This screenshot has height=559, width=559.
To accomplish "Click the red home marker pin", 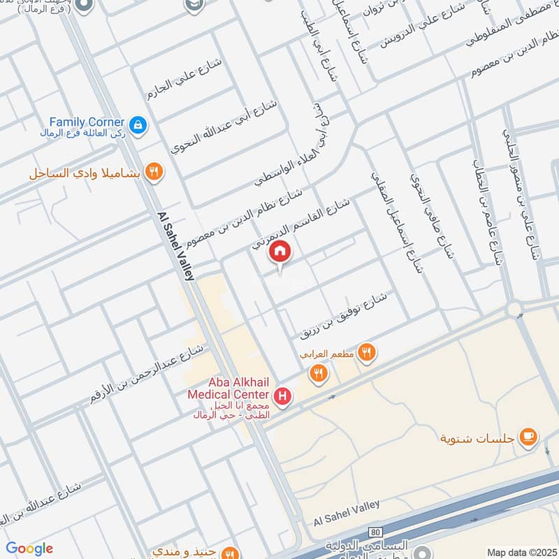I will (280, 252).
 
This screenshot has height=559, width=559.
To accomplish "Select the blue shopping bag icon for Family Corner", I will (138, 124).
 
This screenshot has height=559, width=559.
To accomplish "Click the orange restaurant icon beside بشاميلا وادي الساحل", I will (155, 172).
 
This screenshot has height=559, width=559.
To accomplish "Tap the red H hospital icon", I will (282, 398).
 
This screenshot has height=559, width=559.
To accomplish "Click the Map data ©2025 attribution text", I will (521, 553).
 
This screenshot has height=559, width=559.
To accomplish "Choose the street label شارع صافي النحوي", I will (433, 217).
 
